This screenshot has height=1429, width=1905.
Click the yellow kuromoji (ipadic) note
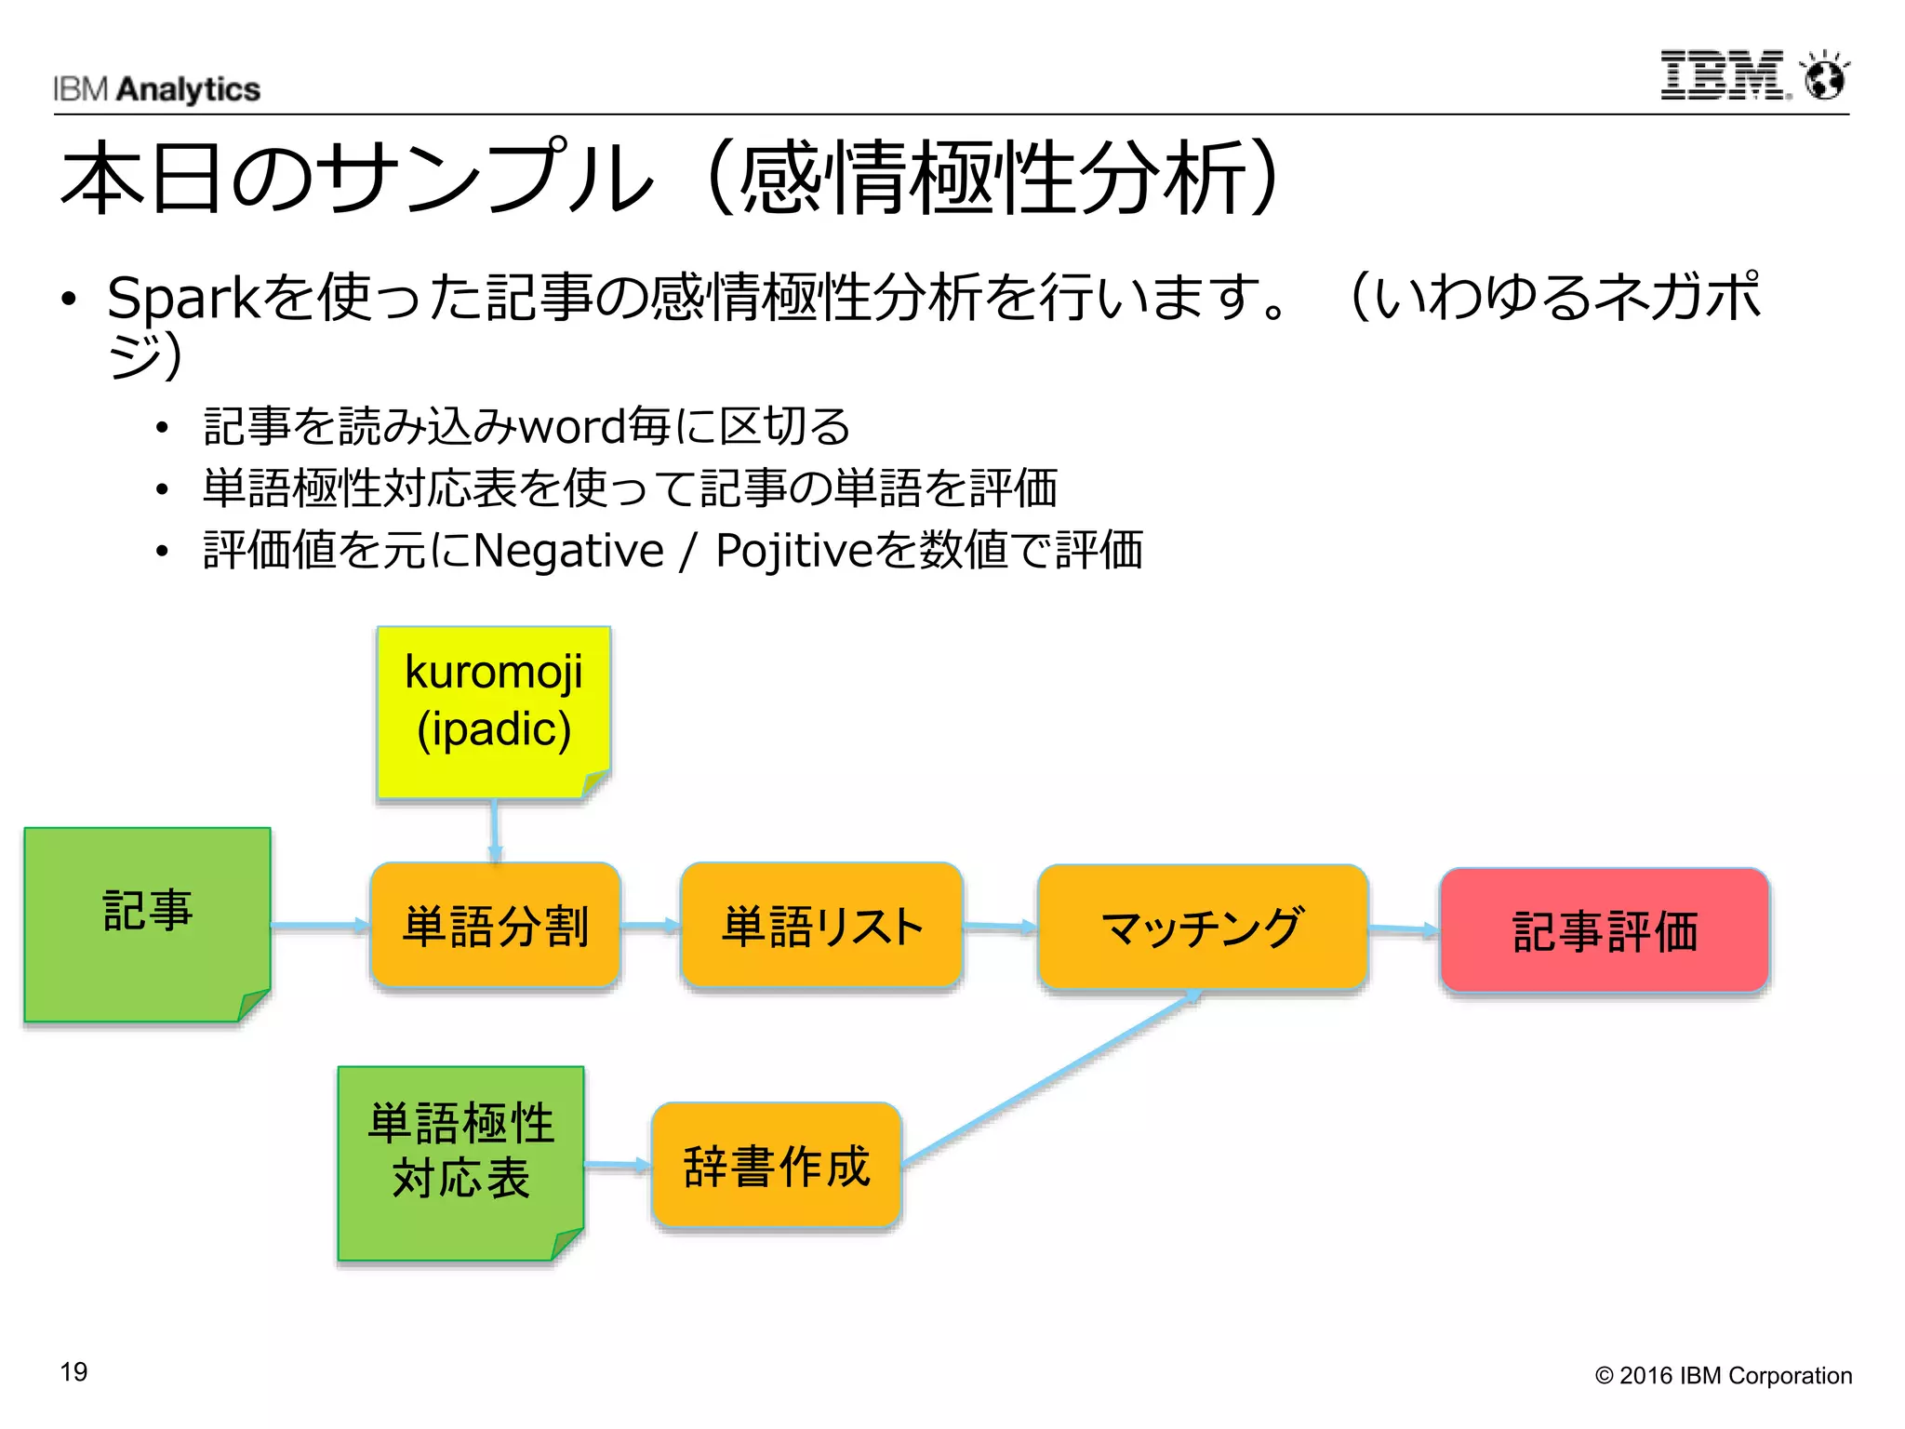pos(494,712)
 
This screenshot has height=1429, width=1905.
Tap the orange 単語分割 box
pos(495,926)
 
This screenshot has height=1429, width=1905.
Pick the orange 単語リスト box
pos(821,926)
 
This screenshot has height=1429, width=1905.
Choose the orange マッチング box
pos(1202,927)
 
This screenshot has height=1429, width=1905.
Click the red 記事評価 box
pos(1604,930)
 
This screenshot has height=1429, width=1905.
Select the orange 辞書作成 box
pos(777,1165)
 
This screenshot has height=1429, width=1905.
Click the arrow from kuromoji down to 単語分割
pos(495,830)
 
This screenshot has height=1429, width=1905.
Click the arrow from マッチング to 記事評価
pos(1404,928)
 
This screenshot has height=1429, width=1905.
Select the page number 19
pos(73,1371)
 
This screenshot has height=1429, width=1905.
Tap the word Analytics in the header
pos(189,89)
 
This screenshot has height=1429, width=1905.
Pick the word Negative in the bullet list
pos(568,550)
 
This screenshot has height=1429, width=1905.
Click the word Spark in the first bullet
pos(182,298)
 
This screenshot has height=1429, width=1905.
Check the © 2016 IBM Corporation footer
pos(1723,1375)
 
